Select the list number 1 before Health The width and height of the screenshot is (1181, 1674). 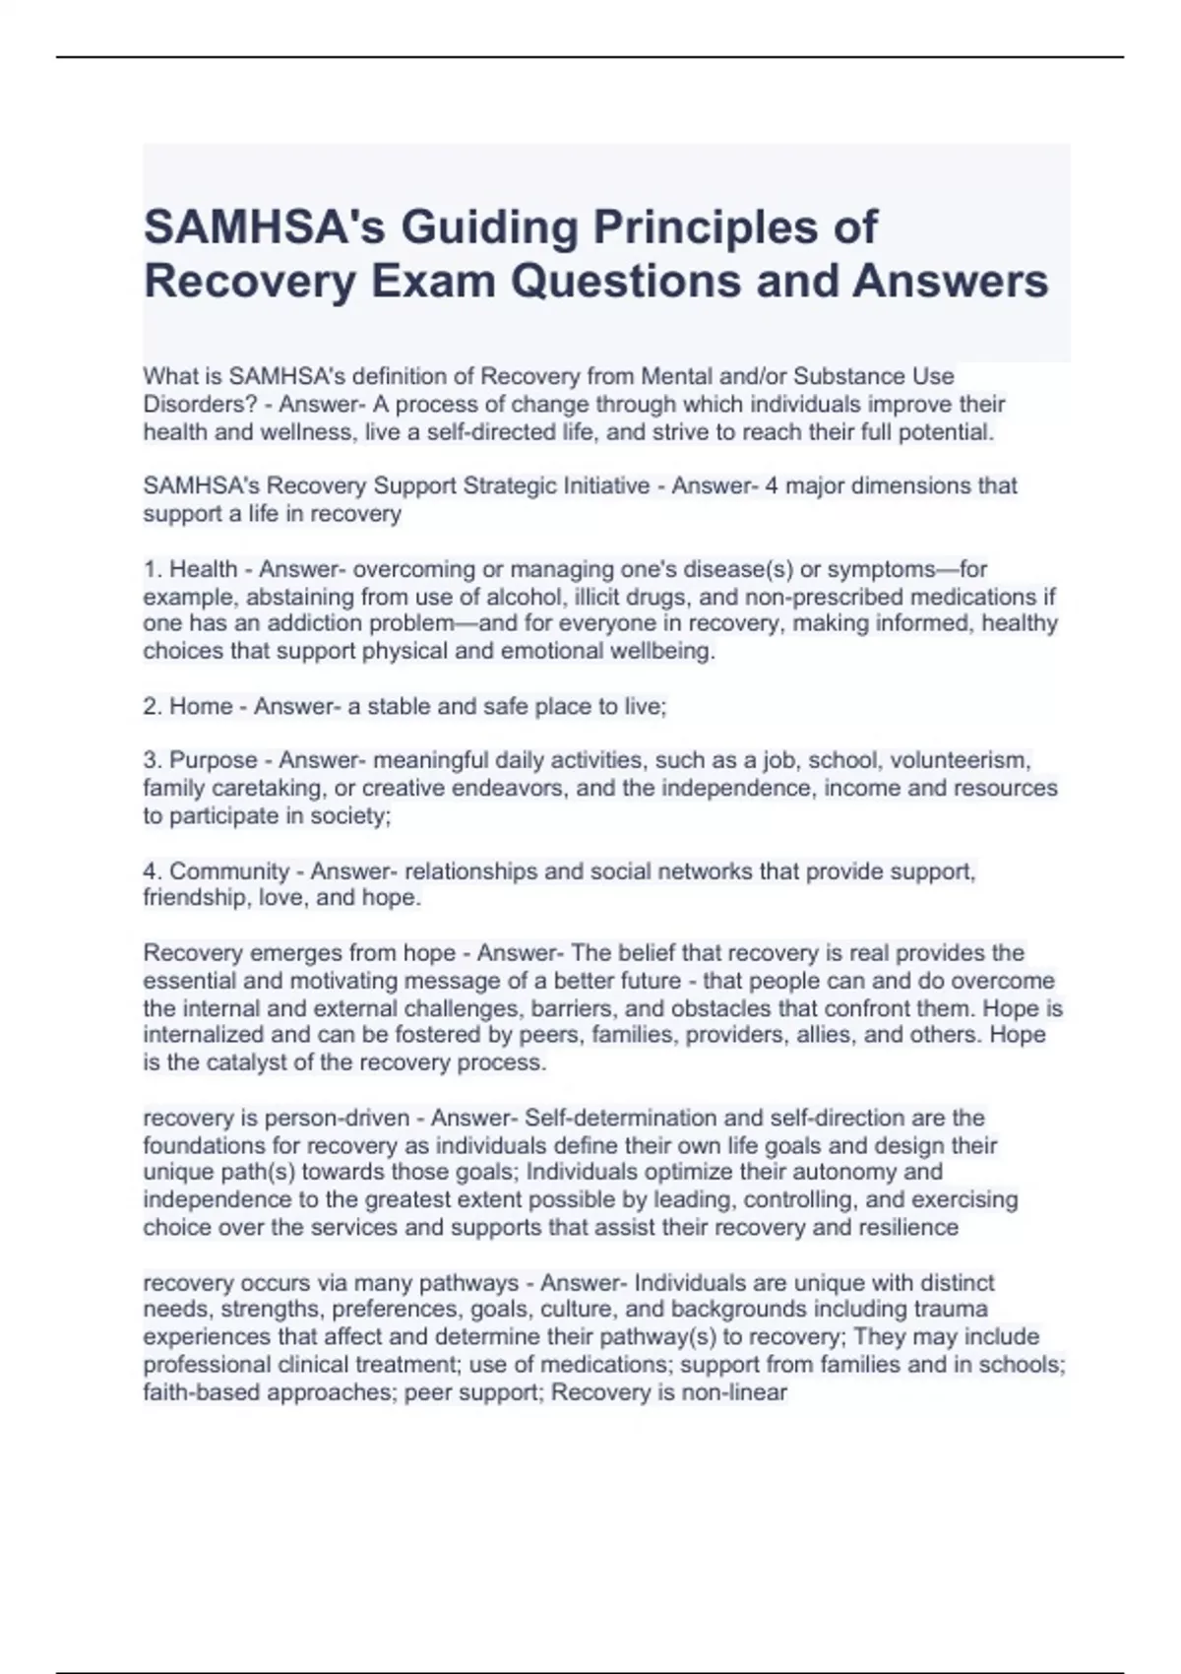click(x=151, y=569)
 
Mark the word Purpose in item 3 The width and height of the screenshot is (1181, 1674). click(x=214, y=761)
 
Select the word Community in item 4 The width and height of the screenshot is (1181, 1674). click(x=229, y=871)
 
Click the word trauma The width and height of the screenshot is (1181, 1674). click(x=951, y=1310)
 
